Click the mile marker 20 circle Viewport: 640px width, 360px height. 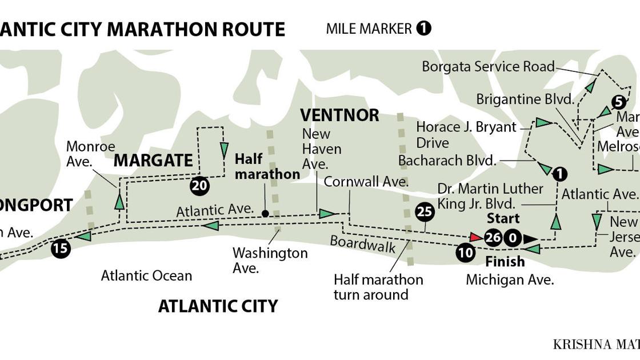(199, 186)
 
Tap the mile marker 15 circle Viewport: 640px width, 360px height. (61, 249)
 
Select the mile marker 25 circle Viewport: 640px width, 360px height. (425, 213)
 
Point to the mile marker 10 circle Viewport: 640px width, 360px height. (466, 253)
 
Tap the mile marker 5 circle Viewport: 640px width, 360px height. (619, 102)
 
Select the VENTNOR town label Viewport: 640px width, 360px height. (339, 115)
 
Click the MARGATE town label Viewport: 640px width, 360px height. (153, 161)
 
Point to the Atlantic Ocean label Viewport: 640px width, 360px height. (146, 275)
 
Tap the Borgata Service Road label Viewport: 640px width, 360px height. (488, 66)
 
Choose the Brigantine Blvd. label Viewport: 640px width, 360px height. (525, 99)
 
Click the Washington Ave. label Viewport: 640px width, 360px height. (270, 260)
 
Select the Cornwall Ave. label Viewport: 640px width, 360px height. (366, 182)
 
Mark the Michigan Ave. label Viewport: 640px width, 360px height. (510, 280)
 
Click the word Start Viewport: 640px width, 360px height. (503, 218)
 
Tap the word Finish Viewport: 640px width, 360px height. (505, 262)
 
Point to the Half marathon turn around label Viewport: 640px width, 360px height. (378, 287)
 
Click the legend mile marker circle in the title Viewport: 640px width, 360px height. (423, 28)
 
